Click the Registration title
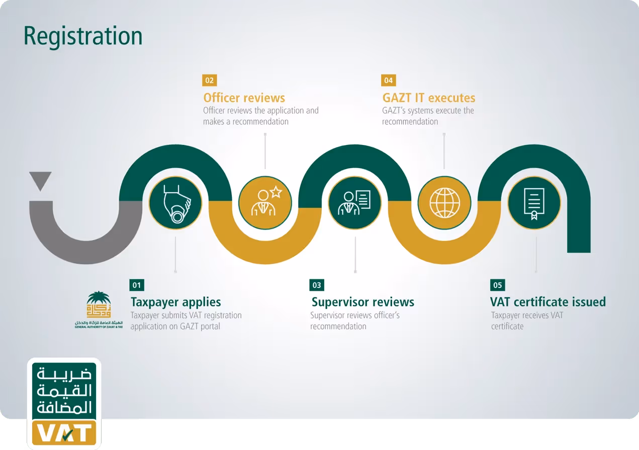point(83,36)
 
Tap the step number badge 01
point(136,285)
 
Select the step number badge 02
point(209,80)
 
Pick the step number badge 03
point(317,285)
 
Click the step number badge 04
point(389,80)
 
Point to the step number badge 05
point(497,285)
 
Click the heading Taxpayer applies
point(175,302)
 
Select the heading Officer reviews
point(244,98)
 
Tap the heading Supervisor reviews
point(362,302)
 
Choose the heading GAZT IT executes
point(428,98)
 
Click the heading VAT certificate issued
point(547,302)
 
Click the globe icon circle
point(444,202)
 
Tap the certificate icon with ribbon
point(534,202)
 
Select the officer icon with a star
point(265,202)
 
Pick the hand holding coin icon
point(175,202)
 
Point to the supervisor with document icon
point(354,202)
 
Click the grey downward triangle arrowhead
point(40,180)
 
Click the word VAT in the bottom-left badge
point(64,434)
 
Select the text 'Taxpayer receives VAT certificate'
point(526,321)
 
